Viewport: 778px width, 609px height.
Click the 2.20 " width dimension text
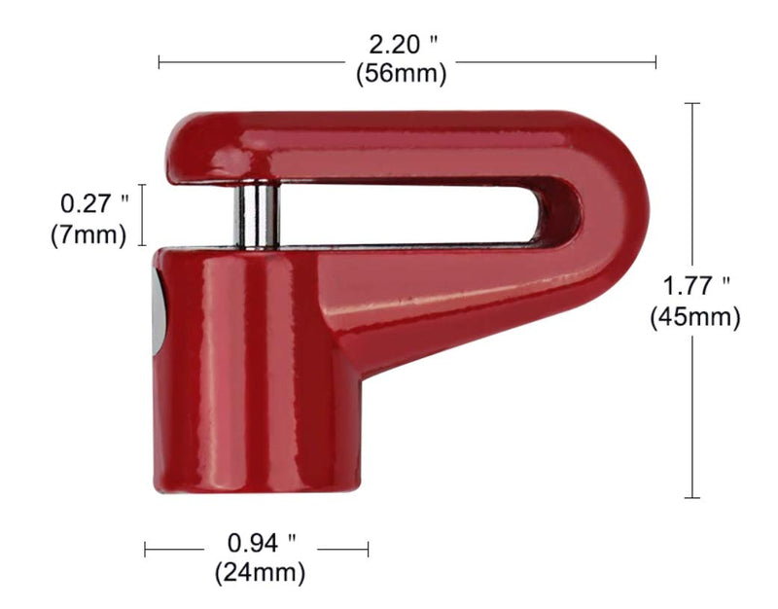pos(402,45)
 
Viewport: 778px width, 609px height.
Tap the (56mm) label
pos(401,72)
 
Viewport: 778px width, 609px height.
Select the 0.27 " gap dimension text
pos(94,204)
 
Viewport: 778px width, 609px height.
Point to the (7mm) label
pos(88,234)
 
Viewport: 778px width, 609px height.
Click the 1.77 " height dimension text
pos(696,286)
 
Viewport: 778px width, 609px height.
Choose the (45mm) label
pos(695,317)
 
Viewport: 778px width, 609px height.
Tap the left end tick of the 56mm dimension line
pos(159,62)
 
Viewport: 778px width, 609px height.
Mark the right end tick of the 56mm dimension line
pos(655,62)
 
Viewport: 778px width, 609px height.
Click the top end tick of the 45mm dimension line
pos(692,103)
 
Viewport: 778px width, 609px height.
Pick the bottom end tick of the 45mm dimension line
pos(692,498)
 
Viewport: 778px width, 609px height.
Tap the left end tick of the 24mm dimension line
pos(146,550)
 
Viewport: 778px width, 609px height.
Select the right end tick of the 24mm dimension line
pos(369,550)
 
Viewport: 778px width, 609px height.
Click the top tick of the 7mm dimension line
pos(143,185)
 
